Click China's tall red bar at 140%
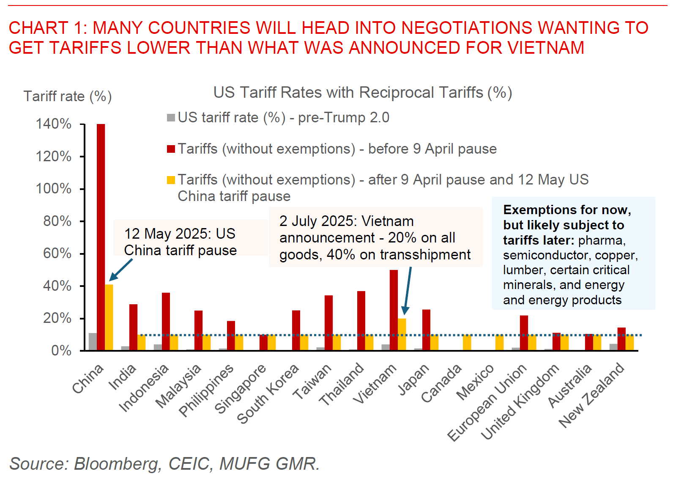pos(101,237)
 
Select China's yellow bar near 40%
pos(109,317)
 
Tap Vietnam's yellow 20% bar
pos(402,334)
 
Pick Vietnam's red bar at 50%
pos(394,310)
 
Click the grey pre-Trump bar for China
pos(93,342)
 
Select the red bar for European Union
pos(524,333)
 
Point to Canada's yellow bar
pos(467,342)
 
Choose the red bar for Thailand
pos(361,321)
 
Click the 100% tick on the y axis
pos(82,189)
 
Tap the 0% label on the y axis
pos(61,351)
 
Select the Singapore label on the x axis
pos(240,388)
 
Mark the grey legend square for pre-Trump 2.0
pos(171,118)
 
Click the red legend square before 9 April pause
pos(171,149)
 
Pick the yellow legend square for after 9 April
pos(171,180)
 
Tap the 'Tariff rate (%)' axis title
pos(68,96)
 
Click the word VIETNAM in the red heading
pos(546,48)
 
